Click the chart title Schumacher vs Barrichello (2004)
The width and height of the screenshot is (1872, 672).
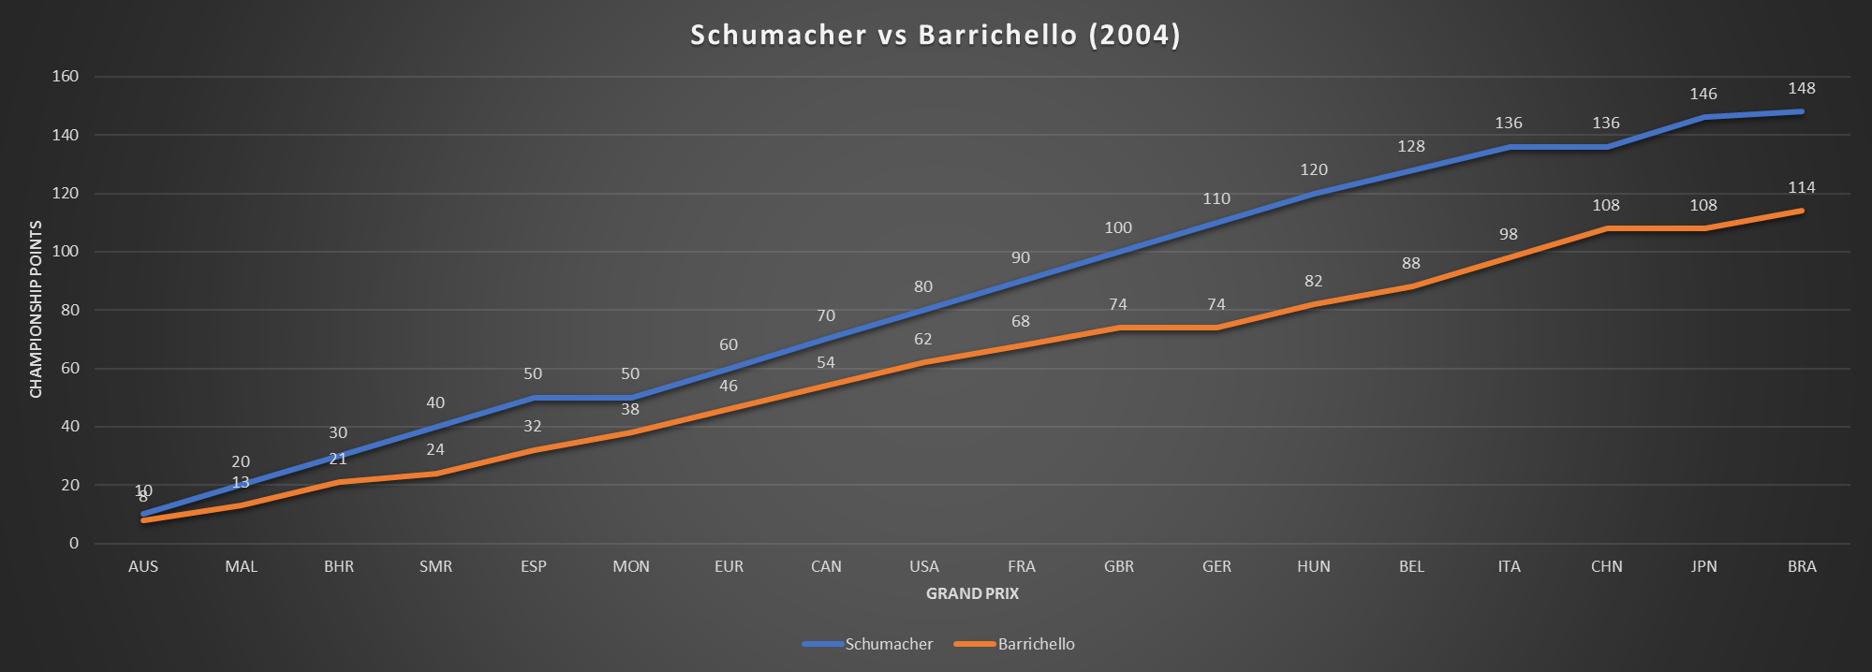pyautogui.click(x=935, y=35)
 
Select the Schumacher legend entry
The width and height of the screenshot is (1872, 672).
pyautogui.click(x=888, y=644)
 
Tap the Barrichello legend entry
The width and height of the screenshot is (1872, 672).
pyautogui.click(x=1035, y=644)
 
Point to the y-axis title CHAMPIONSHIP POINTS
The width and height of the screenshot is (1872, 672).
pyautogui.click(x=37, y=310)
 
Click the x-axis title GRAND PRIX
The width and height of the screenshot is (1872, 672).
pyautogui.click(x=972, y=593)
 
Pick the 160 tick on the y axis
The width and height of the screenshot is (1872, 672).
pyautogui.click(x=66, y=77)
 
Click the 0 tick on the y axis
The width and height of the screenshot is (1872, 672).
pyautogui.click(x=74, y=543)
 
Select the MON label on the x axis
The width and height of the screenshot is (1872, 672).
pyautogui.click(x=631, y=566)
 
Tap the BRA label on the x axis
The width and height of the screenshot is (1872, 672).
pyautogui.click(x=1802, y=566)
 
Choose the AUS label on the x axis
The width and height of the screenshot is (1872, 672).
pyautogui.click(x=143, y=566)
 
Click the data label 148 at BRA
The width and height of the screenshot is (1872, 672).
pyautogui.click(x=1801, y=88)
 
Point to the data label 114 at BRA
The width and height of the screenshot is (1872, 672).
pyautogui.click(x=1801, y=187)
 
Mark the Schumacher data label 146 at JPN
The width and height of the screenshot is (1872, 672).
pyautogui.click(x=1703, y=94)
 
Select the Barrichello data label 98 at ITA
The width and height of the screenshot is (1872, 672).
pyautogui.click(x=1509, y=234)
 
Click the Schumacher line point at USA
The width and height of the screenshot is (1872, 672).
pyautogui.click(x=924, y=310)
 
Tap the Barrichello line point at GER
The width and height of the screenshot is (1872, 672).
pyautogui.click(x=1216, y=328)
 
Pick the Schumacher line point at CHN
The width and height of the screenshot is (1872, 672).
pyautogui.click(x=1606, y=147)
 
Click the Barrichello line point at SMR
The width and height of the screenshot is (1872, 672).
pyautogui.click(x=435, y=474)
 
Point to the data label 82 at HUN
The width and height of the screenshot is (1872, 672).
pyautogui.click(x=1314, y=281)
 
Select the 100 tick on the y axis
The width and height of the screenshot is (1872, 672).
pyautogui.click(x=66, y=252)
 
